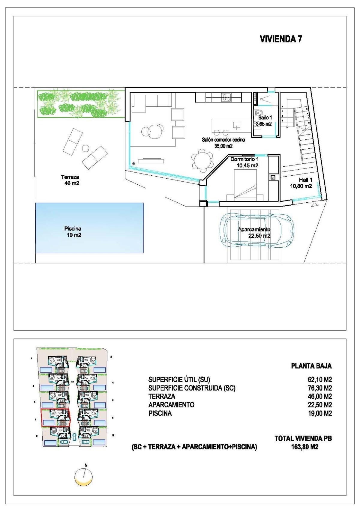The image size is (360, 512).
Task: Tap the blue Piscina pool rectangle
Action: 89,228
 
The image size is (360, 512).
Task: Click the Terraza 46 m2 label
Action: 70,180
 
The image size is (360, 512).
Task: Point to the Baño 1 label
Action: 265,118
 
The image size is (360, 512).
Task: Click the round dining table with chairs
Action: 202,160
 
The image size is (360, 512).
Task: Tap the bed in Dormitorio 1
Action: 245,185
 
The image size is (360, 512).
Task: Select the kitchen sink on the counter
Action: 226,97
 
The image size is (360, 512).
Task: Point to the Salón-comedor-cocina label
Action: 223,140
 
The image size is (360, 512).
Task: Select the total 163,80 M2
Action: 303,447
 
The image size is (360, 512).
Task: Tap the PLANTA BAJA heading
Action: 311,366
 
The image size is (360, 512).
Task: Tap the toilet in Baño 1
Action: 257,114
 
